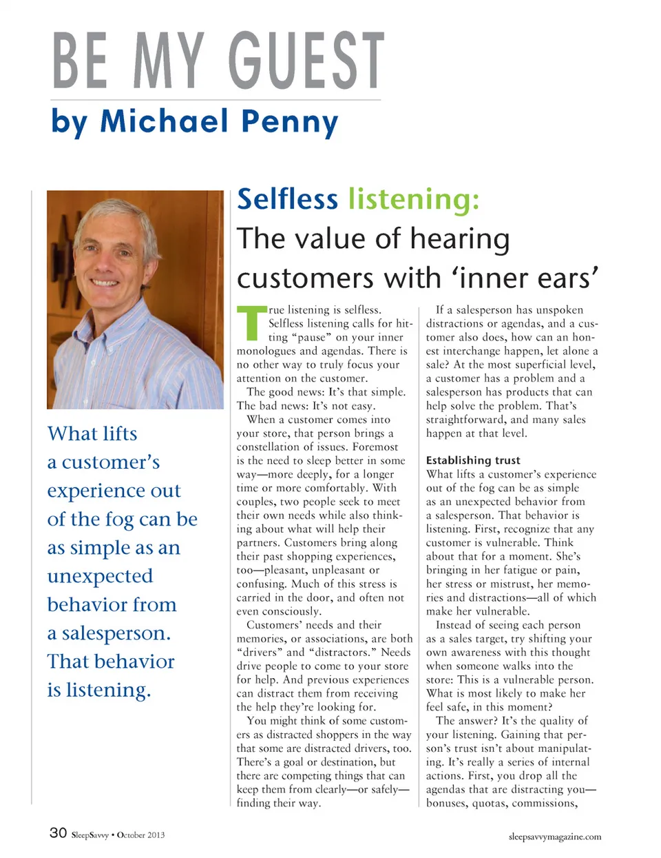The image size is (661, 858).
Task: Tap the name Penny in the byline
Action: tap(290, 122)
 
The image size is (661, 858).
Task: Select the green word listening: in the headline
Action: tap(414, 199)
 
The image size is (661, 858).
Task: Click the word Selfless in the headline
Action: tap(287, 199)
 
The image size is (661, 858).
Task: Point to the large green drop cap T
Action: tap(251, 323)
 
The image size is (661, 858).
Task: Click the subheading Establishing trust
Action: tap(473, 460)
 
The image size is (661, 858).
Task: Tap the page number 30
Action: tap(58, 833)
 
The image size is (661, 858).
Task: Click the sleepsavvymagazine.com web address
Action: tap(554, 837)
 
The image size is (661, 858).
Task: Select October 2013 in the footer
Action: tap(140, 835)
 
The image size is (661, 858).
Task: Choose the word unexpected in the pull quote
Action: tap(100, 576)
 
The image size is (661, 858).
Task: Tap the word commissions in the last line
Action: tap(545, 803)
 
